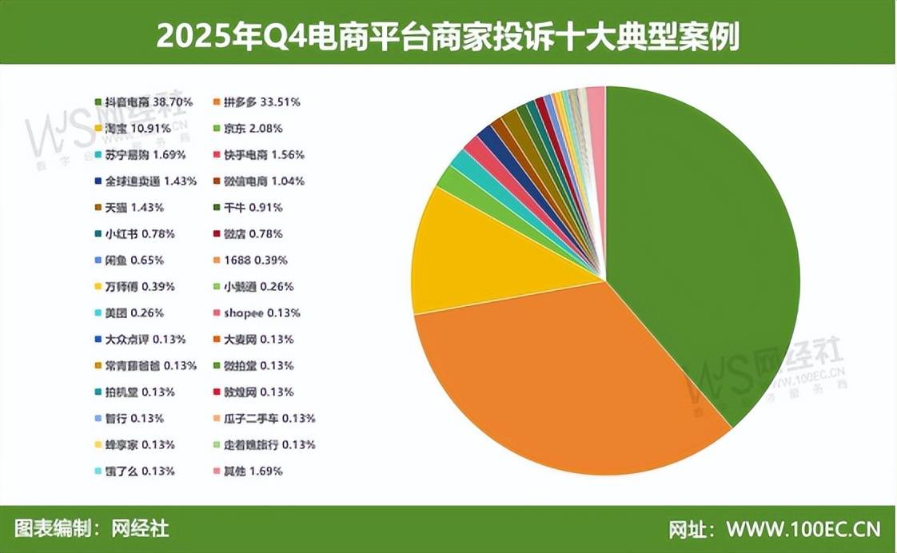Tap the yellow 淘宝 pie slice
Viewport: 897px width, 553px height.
click(x=480, y=256)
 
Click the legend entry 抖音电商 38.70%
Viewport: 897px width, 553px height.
click(x=144, y=102)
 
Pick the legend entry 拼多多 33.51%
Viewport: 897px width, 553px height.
click(x=257, y=102)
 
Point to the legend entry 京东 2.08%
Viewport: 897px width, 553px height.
click(x=247, y=129)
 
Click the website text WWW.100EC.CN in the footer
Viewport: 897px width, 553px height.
click(x=803, y=530)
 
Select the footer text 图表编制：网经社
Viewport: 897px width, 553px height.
click(x=92, y=529)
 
